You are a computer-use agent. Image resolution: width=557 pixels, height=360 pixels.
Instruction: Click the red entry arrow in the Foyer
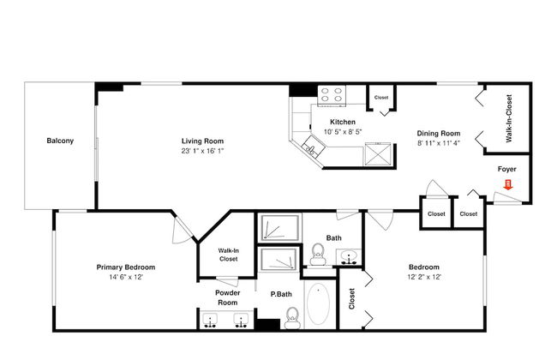pyautogui.click(x=508, y=185)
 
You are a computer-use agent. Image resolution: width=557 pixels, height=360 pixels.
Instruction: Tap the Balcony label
pyautogui.click(x=60, y=141)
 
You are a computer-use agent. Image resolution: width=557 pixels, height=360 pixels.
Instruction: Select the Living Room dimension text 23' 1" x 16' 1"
pyautogui.click(x=202, y=151)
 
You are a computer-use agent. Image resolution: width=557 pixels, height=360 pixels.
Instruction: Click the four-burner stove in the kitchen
pyautogui.click(x=332, y=95)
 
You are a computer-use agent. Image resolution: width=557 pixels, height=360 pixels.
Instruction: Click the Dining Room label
pyautogui.click(x=439, y=134)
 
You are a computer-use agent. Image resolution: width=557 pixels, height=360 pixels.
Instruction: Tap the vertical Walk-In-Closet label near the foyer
pyautogui.click(x=509, y=118)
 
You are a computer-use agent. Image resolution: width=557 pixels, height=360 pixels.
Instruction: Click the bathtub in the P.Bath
pyautogui.click(x=318, y=303)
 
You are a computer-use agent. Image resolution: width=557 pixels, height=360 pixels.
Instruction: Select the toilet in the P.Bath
pyautogui.click(x=292, y=318)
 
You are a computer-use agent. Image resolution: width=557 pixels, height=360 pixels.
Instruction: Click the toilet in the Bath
pyautogui.click(x=318, y=255)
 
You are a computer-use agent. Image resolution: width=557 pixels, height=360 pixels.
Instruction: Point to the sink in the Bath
pyautogui.click(x=349, y=256)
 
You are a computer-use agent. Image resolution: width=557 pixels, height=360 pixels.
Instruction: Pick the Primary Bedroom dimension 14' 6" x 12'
pyautogui.click(x=126, y=277)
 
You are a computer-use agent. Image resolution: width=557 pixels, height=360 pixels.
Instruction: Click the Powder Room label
pyautogui.click(x=228, y=297)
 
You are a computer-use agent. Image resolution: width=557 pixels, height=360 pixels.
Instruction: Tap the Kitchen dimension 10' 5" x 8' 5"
pyautogui.click(x=343, y=132)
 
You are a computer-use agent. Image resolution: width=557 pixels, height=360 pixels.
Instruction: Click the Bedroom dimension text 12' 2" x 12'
pyautogui.click(x=424, y=277)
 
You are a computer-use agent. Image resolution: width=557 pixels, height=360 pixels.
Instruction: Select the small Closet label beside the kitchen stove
pyautogui.click(x=381, y=98)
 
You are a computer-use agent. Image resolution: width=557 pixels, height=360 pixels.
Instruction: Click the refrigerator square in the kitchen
pyautogui.click(x=378, y=154)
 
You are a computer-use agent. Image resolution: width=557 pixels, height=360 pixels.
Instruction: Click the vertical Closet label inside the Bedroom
pyautogui.click(x=351, y=298)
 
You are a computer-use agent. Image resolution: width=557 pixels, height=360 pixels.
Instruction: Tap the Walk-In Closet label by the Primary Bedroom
pyautogui.click(x=229, y=255)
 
